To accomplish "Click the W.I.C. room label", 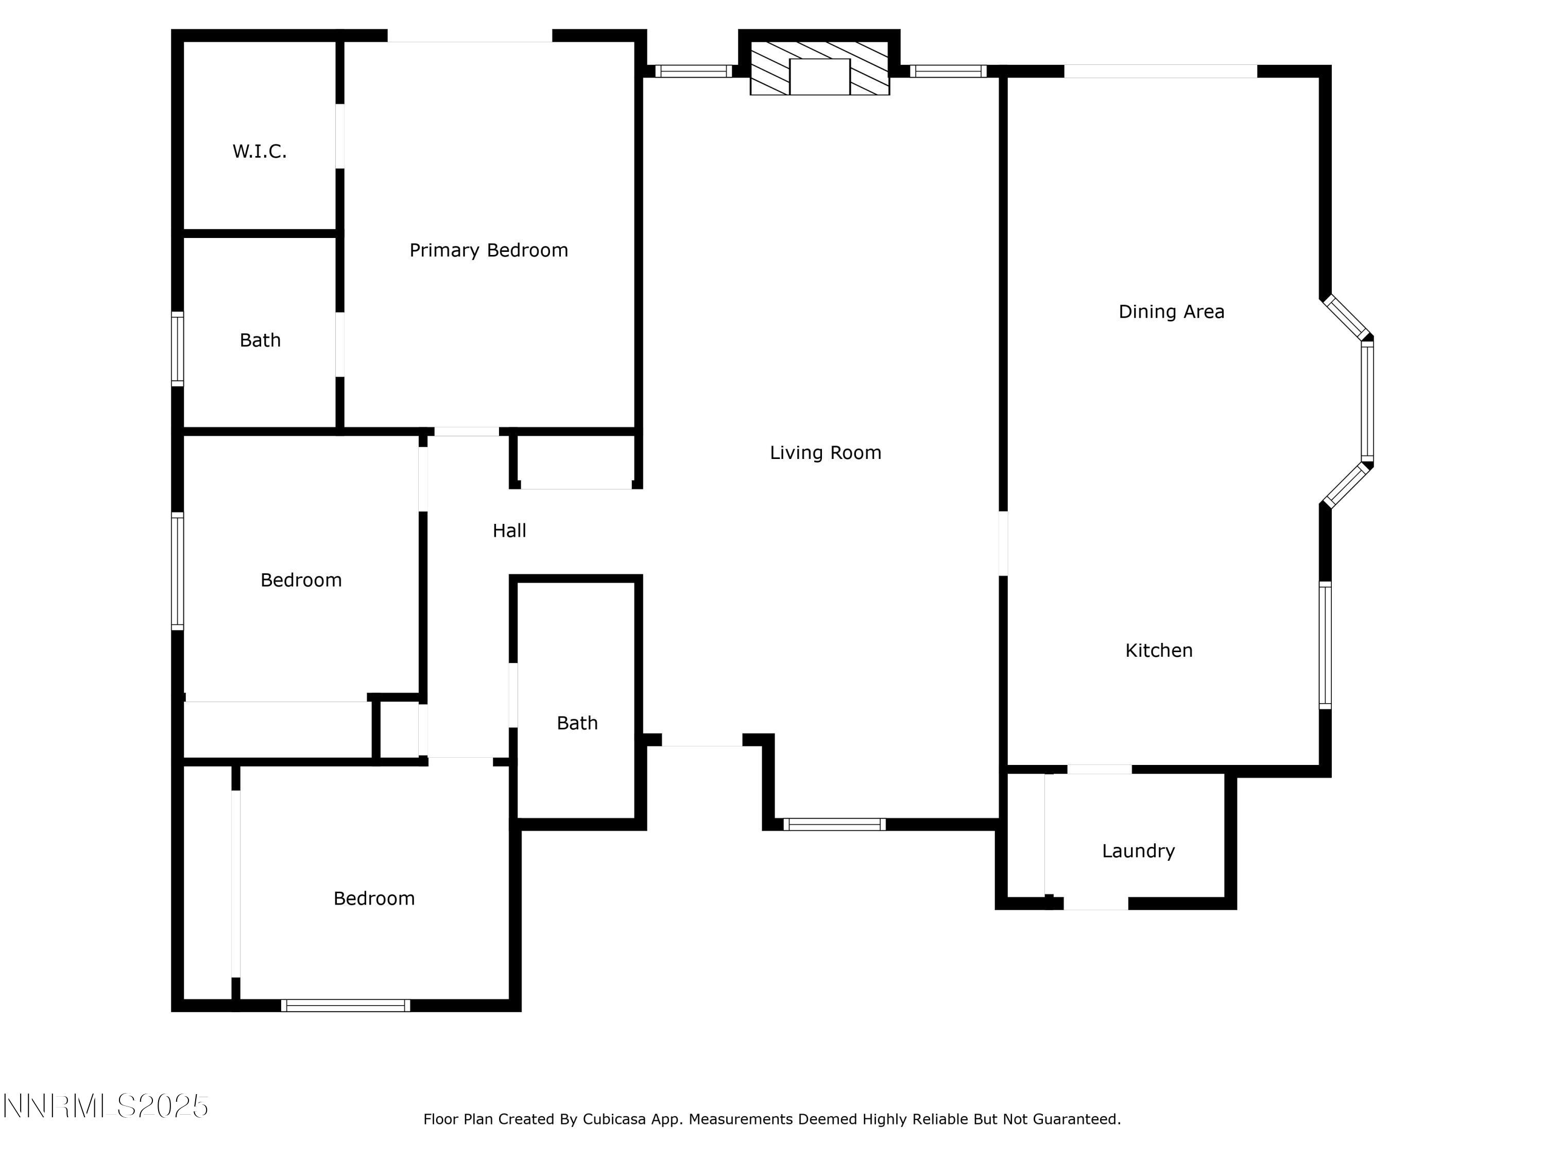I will click(x=259, y=151).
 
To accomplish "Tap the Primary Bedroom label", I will click(x=488, y=250).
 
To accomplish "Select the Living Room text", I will click(x=825, y=453).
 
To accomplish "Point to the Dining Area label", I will click(x=1171, y=312).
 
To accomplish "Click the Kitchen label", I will click(x=1158, y=651).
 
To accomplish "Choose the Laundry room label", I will click(x=1138, y=851).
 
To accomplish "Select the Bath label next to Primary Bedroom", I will click(x=260, y=340).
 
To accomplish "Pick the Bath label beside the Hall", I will click(x=577, y=723).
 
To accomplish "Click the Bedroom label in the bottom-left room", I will click(x=374, y=898).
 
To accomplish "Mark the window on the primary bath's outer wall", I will click(x=177, y=349).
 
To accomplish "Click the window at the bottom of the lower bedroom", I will click(x=345, y=1005).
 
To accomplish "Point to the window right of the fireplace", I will click(x=947, y=71).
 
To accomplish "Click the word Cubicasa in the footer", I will click(x=614, y=1119).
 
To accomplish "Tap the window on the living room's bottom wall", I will click(x=833, y=824).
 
